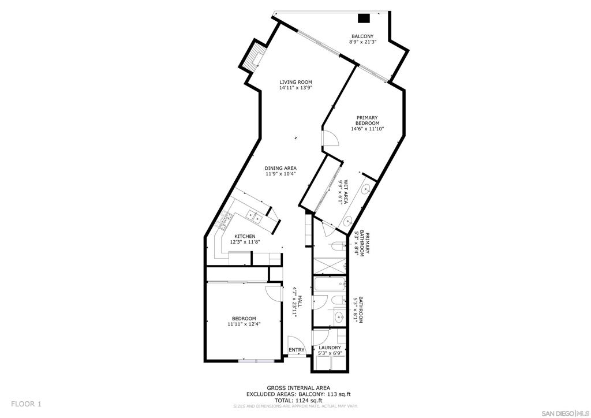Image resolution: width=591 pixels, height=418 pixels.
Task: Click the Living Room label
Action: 295,82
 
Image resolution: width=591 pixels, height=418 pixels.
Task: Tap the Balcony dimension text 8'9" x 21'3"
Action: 362,42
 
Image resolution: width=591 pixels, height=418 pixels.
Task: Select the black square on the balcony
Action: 364,18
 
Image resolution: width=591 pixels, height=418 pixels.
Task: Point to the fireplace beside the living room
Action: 253,57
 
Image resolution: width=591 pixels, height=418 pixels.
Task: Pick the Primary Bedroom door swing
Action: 330,139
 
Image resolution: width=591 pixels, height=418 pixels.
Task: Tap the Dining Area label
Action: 280,168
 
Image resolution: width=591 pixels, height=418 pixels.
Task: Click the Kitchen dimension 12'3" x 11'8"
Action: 245,242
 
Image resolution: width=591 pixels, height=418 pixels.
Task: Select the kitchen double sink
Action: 254,216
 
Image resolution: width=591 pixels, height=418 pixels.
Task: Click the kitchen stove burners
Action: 223,221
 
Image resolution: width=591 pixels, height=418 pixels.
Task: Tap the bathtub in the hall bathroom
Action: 330,284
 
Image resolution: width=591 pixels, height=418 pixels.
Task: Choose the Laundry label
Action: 330,348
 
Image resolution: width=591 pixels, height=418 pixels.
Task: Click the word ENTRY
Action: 296,350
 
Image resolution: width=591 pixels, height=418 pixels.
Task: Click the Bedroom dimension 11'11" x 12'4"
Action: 244,324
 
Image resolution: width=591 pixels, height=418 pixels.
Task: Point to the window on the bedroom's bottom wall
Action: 256,361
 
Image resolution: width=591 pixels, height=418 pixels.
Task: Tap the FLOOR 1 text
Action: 26,404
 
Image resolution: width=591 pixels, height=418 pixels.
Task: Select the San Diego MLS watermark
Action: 565,412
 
